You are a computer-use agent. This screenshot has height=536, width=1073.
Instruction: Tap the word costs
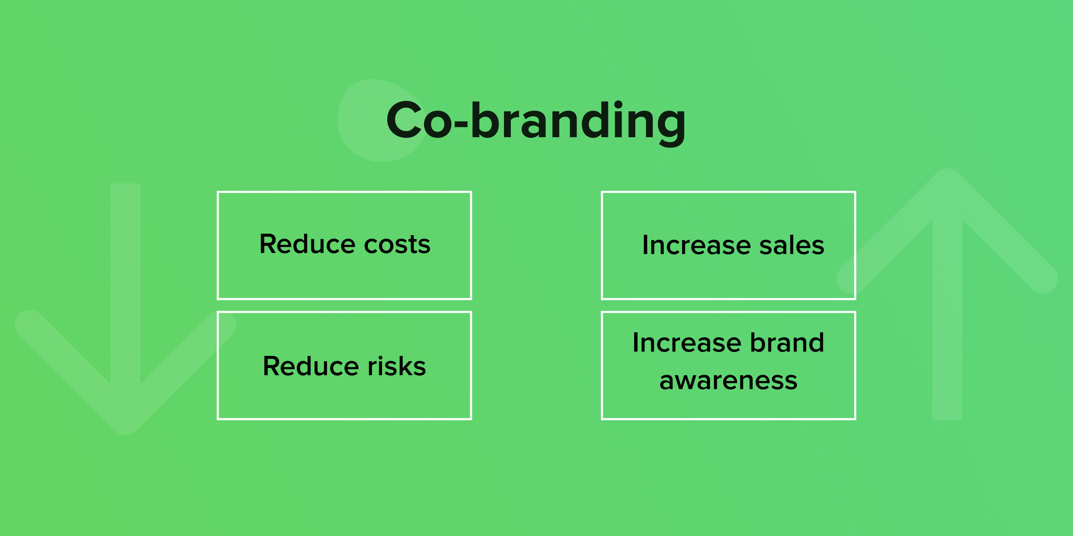[x=397, y=245]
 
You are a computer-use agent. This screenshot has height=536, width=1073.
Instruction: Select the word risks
[x=397, y=366]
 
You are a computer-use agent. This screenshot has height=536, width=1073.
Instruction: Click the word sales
[x=792, y=245]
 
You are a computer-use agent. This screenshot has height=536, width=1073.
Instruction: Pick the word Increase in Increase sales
[x=696, y=245]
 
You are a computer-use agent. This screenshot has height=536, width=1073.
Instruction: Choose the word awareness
[x=729, y=381]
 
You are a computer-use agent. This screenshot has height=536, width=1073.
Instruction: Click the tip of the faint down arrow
[x=126, y=435]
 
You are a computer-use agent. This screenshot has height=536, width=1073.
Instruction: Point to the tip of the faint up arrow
[x=947, y=169]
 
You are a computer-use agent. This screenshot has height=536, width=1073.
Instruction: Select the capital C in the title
[x=405, y=121]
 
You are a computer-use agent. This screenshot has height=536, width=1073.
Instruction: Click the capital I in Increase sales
[x=645, y=245]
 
